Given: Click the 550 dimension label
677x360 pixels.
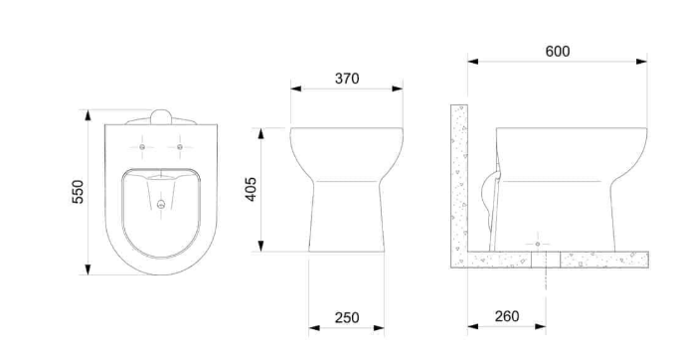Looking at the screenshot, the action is click(x=78, y=192).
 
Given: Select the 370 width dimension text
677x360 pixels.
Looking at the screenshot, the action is click(x=347, y=79).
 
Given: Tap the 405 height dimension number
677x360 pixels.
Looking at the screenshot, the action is click(x=251, y=189).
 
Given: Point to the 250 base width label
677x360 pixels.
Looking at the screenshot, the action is click(x=347, y=317).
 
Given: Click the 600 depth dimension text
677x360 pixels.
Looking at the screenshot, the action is click(x=558, y=52).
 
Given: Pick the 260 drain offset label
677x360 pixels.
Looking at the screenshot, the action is click(x=507, y=316).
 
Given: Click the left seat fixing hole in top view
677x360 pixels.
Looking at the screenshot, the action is click(x=142, y=147).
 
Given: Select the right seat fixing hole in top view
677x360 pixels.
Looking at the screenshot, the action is click(x=180, y=147).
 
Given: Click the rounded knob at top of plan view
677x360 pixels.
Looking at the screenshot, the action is click(x=161, y=117).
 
